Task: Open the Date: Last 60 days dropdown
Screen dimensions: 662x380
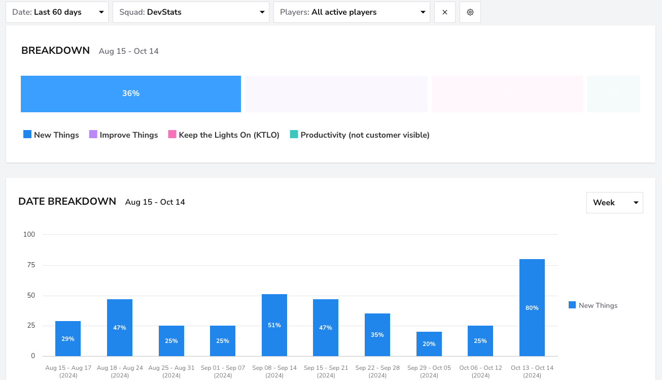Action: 57,12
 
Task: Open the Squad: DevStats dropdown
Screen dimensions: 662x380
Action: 191,12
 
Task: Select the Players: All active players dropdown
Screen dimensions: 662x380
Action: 352,12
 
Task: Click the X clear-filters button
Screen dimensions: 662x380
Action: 445,12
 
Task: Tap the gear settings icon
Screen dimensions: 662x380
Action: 470,12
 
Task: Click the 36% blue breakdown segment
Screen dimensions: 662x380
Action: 131,94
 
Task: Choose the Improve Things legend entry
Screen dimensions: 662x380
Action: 124,135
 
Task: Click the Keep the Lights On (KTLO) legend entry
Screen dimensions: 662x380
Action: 224,135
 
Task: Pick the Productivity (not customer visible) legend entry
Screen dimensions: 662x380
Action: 360,135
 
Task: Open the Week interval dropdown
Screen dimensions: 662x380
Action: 615,202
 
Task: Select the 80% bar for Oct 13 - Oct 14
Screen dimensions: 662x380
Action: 532,307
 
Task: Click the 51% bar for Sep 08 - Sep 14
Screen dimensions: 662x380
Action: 274,325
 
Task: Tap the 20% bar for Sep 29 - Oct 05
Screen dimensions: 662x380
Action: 429,344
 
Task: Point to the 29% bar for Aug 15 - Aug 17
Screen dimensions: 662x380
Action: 68,338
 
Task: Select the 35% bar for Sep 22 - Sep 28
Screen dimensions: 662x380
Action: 377,335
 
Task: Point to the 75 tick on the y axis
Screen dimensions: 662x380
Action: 31,265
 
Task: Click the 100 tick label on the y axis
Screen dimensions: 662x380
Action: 29,234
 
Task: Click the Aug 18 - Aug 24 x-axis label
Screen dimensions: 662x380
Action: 120,371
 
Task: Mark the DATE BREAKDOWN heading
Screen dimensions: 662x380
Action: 67,201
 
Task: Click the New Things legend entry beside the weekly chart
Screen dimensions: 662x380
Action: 593,305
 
